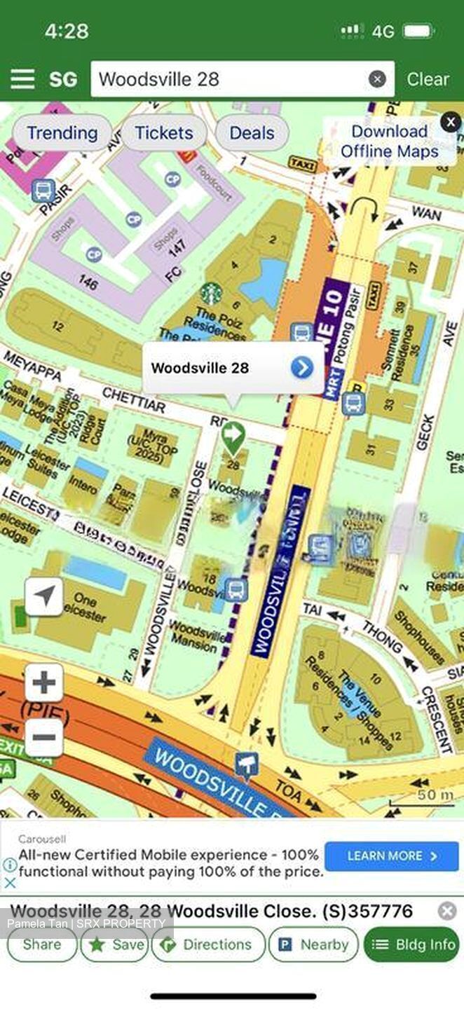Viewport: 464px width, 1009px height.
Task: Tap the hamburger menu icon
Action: point(22,79)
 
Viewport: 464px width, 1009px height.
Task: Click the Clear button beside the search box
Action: point(428,79)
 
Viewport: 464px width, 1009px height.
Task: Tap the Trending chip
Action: point(62,133)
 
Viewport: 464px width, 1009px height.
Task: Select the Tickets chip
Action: point(163,133)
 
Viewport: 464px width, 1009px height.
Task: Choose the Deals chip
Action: point(252,133)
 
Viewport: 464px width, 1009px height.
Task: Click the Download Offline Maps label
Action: point(389,141)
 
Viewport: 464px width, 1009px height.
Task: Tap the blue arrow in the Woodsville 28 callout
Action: point(302,367)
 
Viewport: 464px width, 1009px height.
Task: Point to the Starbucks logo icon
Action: point(210,293)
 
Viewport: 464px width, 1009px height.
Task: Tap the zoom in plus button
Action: point(44,682)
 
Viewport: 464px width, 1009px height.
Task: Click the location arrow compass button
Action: point(44,597)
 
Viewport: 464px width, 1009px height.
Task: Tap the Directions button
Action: point(208,945)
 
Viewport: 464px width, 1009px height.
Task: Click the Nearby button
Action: point(313,945)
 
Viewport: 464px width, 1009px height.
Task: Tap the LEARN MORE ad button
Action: point(392,856)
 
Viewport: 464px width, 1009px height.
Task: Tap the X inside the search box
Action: point(377,79)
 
